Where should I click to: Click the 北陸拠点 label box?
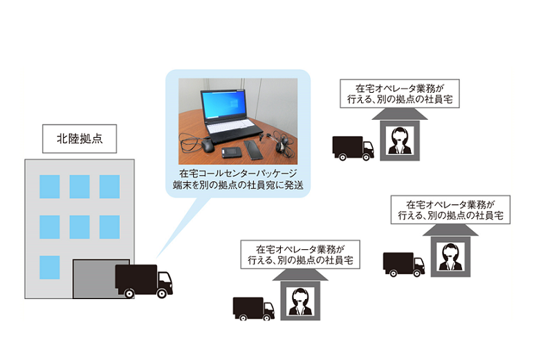tap(77, 138)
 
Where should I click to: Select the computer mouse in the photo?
tap(208, 145)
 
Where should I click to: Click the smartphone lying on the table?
tap(254, 148)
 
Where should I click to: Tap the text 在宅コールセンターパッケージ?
tap(237, 173)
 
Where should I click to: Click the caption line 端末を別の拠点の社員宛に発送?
tap(237, 185)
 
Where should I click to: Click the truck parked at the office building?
tap(143, 280)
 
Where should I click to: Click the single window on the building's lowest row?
tap(49, 267)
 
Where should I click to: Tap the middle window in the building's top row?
tap(79, 186)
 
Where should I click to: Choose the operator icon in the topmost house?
tap(399, 142)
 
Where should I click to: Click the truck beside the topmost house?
tap(353, 147)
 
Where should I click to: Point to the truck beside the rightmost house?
tap(404, 263)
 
